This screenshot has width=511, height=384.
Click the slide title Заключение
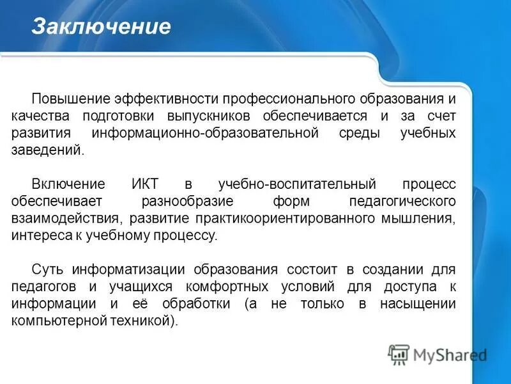[x=102, y=27]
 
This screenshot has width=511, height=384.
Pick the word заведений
[x=47, y=150]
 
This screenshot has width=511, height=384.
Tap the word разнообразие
[x=184, y=201]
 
